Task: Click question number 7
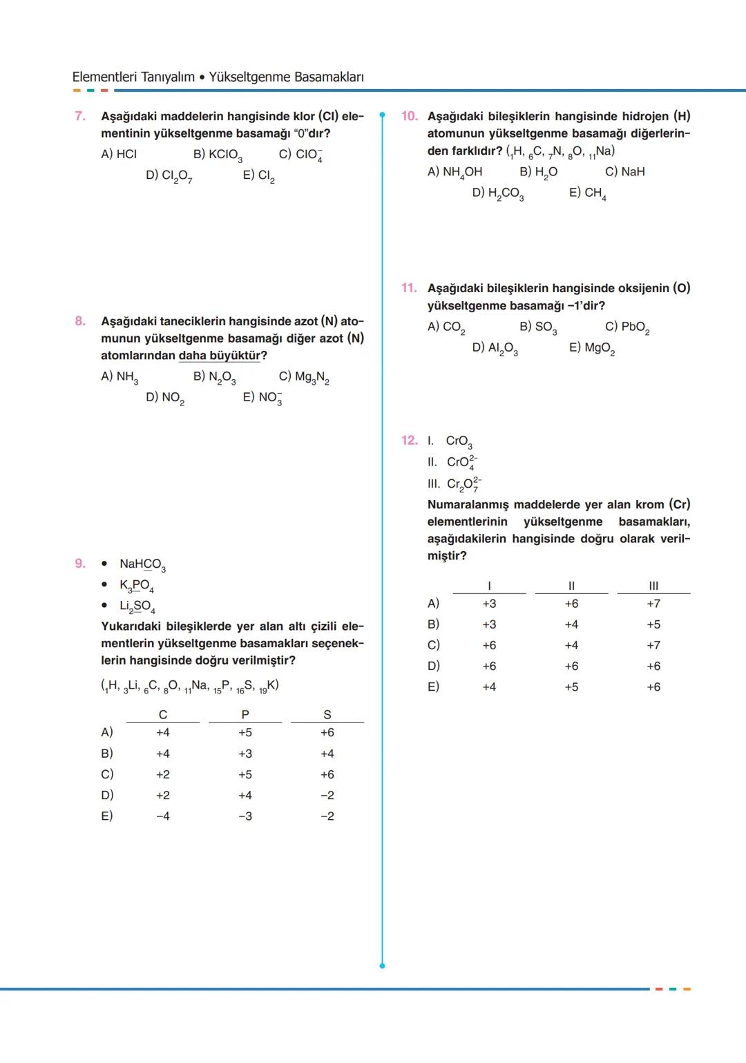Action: [80, 116]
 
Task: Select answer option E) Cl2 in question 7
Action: [258, 176]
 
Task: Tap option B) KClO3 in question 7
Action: [217, 155]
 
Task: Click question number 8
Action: [80, 321]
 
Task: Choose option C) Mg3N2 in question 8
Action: [303, 377]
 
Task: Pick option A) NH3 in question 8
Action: [119, 377]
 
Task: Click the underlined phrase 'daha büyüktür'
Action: [220, 356]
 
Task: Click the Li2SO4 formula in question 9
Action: [137, 606]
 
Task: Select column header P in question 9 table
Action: [245, 715]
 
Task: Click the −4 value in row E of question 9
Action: [163, 816]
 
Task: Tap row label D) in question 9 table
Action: [107, 795]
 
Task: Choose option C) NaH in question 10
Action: [624, 172]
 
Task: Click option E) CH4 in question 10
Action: [587, 193]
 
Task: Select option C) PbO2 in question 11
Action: [627, 327]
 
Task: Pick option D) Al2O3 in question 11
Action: [495, 348]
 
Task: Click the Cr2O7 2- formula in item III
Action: [463, 484]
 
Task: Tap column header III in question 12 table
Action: [653, 586]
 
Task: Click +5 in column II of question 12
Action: [571, 687]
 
